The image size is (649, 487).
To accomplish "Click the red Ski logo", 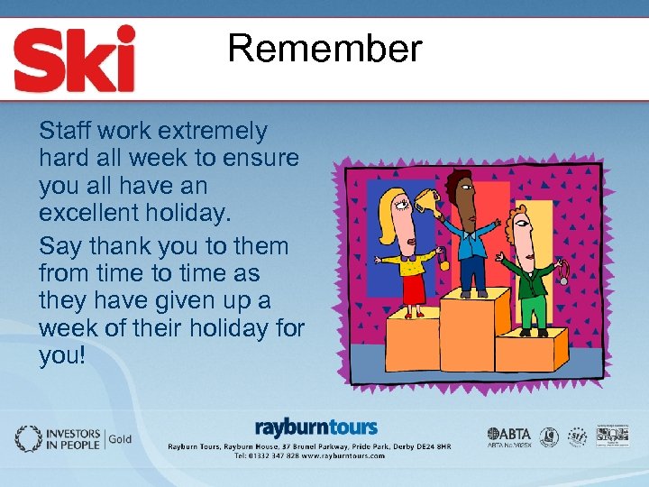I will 75,59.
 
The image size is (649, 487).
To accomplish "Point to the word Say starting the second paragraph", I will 60,246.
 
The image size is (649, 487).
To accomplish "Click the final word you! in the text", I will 62,355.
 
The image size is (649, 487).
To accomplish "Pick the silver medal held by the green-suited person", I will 563,277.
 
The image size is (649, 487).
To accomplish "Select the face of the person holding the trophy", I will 461,192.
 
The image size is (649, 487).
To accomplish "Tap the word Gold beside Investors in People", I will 121,439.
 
